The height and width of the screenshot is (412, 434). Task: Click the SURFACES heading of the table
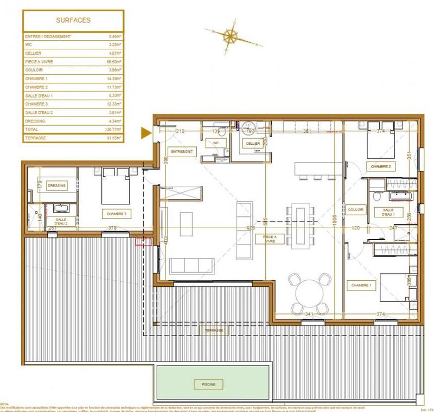coord(73,21)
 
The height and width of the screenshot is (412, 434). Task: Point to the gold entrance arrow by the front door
coord(145,132)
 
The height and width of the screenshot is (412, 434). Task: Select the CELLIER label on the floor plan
coord(252,143)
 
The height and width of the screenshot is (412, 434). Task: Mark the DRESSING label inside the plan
coord(57,185)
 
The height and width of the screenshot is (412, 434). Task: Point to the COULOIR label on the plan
coord(356,210)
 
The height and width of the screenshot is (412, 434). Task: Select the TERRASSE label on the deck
coord(213,330)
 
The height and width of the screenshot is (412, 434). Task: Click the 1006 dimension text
coord(335,218)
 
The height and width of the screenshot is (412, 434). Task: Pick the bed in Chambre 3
coord(117,187)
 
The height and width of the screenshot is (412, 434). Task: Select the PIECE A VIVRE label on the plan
coord(267,239)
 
